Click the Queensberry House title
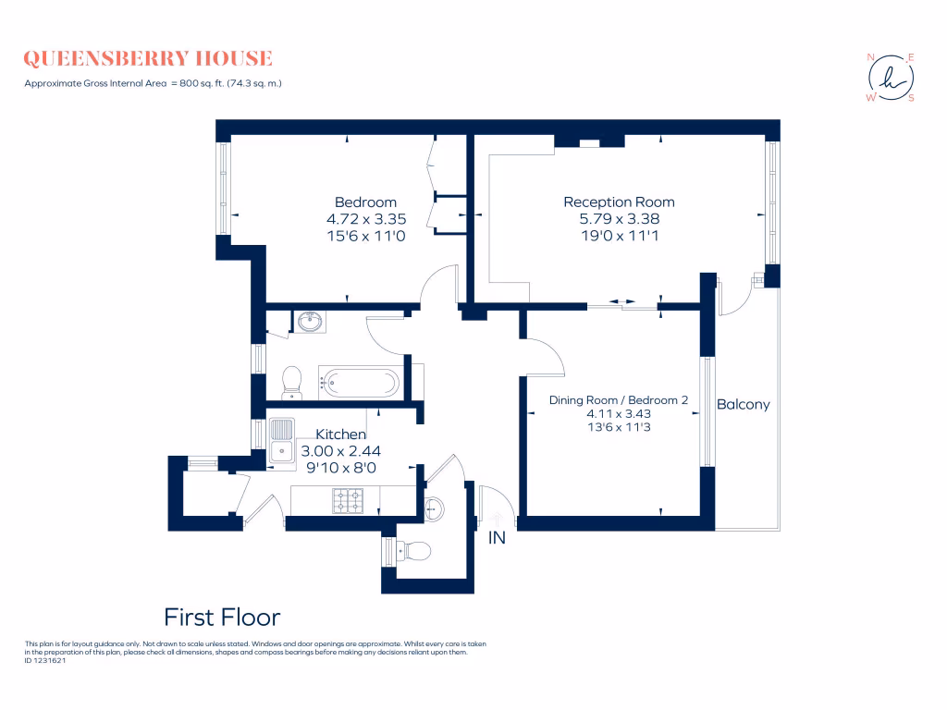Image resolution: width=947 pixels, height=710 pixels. click(148, 59)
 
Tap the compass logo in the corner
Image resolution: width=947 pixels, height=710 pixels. click(891, 78)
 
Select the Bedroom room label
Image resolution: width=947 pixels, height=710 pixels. click(365, 202)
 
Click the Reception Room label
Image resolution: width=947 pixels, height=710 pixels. click(619, 202)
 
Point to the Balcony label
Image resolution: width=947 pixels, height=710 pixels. click(743, 405)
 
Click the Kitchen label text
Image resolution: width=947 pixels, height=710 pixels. click(341, 435)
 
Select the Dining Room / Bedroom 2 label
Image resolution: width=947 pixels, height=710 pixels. click(619, 400)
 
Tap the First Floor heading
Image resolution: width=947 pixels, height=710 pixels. click(222, 617)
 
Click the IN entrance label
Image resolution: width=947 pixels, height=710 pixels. click(498, 537)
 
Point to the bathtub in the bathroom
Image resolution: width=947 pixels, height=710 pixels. click(361, 381)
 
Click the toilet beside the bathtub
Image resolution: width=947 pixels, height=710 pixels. click(292, 381)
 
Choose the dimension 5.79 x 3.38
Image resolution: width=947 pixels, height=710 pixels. click(619, 219)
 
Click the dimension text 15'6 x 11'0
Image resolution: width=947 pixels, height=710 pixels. click(365, 236)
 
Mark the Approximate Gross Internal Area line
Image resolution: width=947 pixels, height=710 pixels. click(153, 84)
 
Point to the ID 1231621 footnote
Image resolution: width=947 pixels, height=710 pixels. click(46, 660)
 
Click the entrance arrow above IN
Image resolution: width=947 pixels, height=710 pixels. click(498, 520)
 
